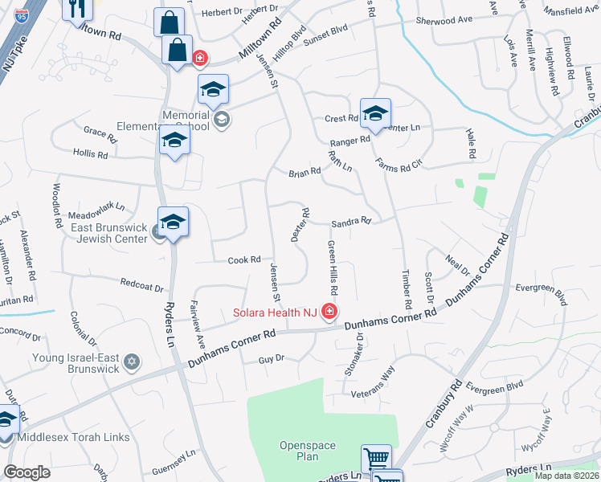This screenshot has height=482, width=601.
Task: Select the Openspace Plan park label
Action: point(298,451)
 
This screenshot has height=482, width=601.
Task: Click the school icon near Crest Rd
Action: point(375,115)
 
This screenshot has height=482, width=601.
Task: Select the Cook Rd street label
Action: point(245,259)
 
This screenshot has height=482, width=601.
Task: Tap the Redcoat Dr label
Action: point(141,286)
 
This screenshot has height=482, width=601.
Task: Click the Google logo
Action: point(27,472)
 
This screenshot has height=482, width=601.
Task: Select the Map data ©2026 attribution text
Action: point(566,476)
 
